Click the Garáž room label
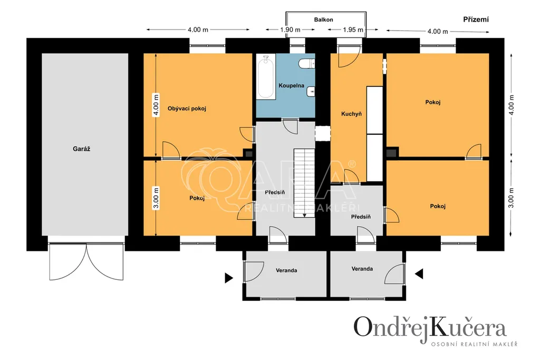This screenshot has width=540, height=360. pos(82,149)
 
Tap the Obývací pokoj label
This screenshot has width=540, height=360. pos(187,109)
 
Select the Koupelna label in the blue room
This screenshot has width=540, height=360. pos(291,85)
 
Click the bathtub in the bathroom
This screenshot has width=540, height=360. pos(266,77)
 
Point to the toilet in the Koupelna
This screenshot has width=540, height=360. pos(306,63)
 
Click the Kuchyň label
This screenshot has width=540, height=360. pos(351,114)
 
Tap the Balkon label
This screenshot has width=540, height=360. pos(323,20)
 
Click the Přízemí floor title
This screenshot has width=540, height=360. pos(476,20)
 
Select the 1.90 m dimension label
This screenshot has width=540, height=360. pos(290,30)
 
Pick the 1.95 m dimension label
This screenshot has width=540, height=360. pos(353,30)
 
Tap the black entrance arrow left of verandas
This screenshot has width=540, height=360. pos(229,278)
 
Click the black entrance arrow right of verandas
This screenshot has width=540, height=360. pos(419,274)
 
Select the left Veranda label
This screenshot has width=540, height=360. pos(286,270)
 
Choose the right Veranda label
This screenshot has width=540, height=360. pos(362,269)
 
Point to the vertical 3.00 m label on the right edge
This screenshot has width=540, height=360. pos(511,198)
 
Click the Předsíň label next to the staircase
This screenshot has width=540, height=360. pos(275,192)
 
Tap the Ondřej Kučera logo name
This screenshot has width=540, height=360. pos(430,327)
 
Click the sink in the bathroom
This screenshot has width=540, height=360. pos(311,92)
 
